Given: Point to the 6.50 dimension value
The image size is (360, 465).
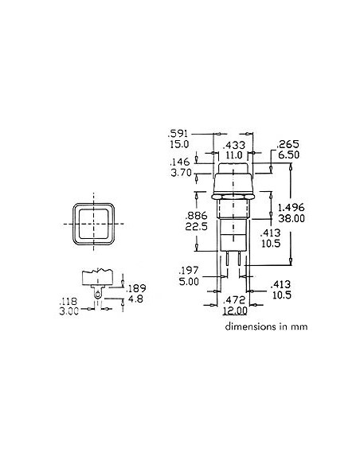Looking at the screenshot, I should pyautogui.click(x=288, y=156).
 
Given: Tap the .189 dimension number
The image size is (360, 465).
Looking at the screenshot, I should pyautogui.click(x=138, y=288).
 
